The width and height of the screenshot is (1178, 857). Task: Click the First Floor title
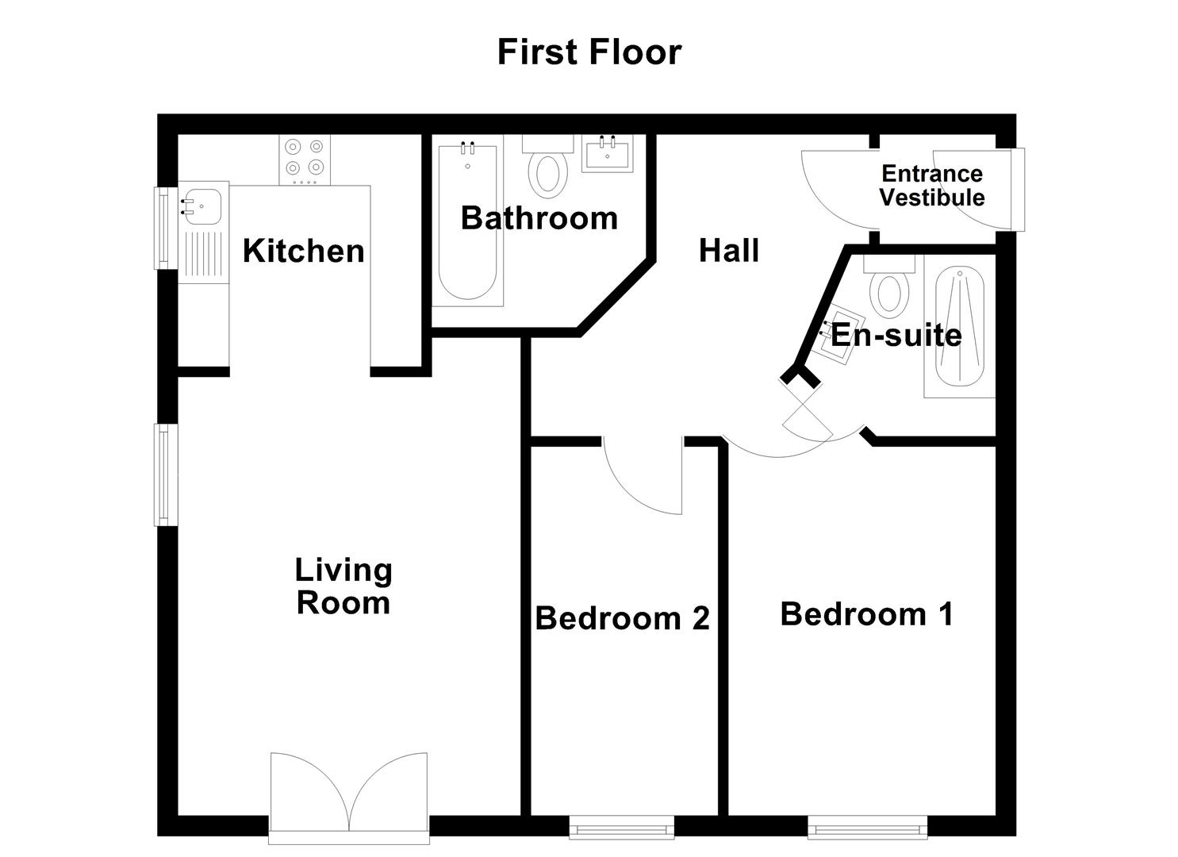tap(589, 52)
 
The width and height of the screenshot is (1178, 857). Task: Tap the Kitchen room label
tap(303, 251)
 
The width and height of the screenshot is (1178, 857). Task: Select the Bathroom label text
tap(539, 218)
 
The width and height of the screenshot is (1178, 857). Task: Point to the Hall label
tap(728, 251)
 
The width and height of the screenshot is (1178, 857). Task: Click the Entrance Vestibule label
tap(931, 186)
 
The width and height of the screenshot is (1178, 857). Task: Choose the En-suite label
tap(896, 335)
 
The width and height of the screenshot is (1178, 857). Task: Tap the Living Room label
tap(343, 586)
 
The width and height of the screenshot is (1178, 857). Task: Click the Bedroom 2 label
tap(622, 618)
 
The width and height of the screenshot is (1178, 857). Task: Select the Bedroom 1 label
tap(866, 614)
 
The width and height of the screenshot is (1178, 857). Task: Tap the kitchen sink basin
tap(201, 206)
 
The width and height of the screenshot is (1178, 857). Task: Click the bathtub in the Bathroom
tap(467, 222)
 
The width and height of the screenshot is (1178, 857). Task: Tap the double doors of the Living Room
tap(349, 794)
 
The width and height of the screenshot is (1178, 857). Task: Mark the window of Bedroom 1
tap(867, 829)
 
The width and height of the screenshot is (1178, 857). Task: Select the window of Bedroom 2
tap(621, 829)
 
